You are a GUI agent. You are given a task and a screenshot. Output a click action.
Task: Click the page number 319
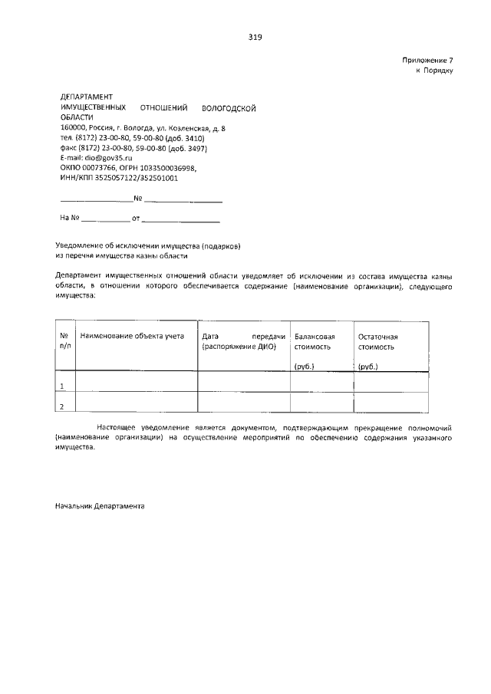255,37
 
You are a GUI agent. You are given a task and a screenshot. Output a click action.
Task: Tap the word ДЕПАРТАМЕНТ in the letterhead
86,97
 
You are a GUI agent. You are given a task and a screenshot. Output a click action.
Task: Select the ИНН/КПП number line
119,177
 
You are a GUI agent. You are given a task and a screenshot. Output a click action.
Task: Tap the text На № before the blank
69,219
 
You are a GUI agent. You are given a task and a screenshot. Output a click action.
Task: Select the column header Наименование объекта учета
132,336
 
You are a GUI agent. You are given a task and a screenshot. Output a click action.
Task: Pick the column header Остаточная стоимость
382,341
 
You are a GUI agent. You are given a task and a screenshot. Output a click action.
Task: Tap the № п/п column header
64,341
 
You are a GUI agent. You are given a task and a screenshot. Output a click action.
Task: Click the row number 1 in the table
61,385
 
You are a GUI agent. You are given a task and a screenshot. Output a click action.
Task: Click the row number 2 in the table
61,406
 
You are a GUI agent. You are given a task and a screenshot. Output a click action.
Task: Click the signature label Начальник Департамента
100,507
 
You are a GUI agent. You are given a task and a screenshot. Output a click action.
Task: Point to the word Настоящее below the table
115,426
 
